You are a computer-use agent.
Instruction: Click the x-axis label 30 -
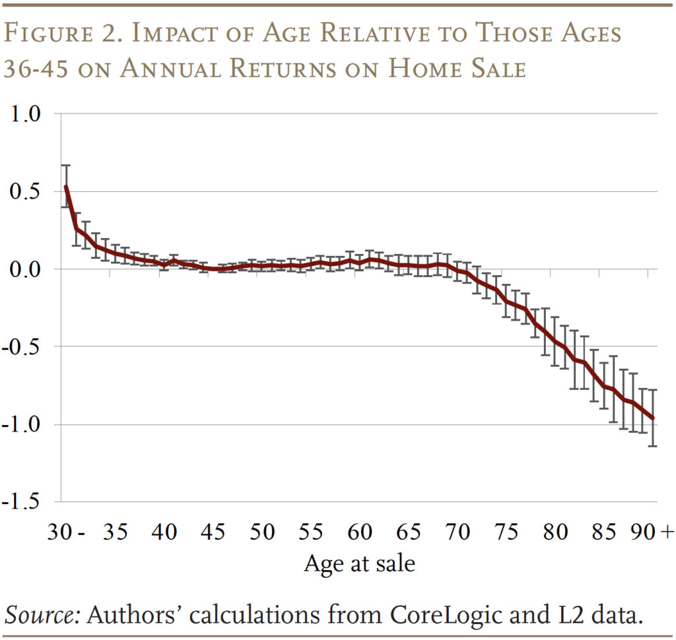[65, 532]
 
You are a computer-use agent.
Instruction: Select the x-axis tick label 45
[214, 532]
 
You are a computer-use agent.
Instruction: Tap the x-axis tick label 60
[360, 532]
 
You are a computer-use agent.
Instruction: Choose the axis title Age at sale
[360, 563]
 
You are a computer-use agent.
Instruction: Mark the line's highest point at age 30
[66, 186]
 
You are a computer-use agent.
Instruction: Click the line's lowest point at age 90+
[653, 418]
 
